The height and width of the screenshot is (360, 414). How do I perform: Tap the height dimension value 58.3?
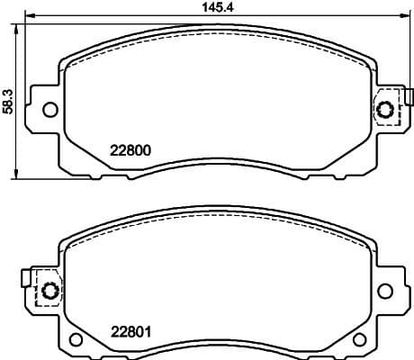pyautogui.click(x=8, y=100)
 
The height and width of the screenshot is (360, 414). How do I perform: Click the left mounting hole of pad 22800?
pyautogui.click(x=49, y=110)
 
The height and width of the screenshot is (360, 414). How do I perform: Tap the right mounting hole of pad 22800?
pyautogui.click(x=387, y=110)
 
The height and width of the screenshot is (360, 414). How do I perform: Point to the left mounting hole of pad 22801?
pyautogui.click(x=49, y=291)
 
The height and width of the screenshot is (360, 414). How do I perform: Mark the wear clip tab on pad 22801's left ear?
pyautogui.click(x=28, y=278)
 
